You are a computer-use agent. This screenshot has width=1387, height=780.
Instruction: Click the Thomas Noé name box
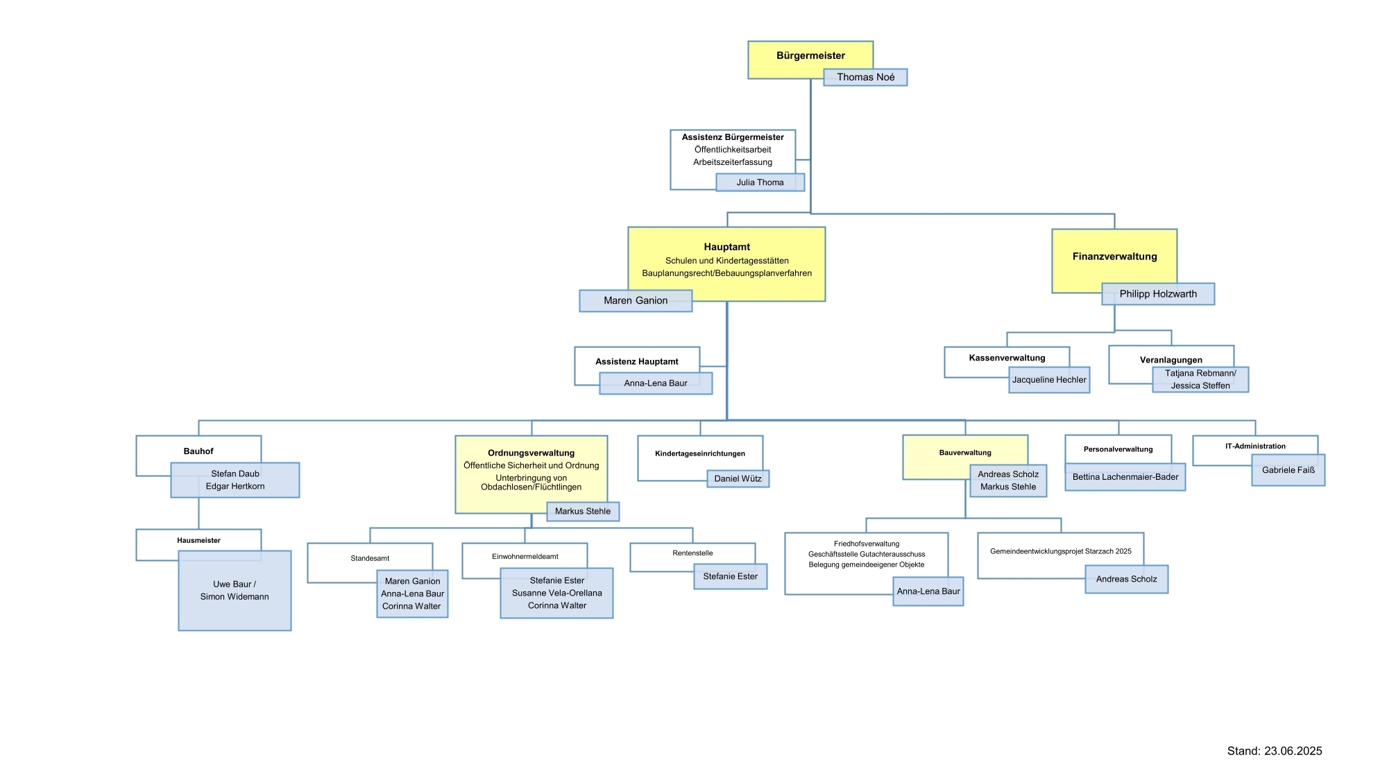click(865, 77)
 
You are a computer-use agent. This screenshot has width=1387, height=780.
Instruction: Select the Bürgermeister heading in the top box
click(810, 55)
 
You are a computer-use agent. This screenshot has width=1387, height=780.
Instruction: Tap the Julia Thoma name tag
click(760, 182)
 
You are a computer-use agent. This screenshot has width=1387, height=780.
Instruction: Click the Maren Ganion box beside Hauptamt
click(636, 300)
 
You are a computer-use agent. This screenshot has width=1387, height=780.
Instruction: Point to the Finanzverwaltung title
click(1114, 257)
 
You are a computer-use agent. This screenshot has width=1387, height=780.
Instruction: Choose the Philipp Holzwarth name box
click(1157, 294)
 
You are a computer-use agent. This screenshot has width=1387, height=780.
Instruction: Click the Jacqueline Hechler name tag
click(1048, 380)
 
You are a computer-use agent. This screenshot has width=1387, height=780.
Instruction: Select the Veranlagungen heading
click(1171, 360)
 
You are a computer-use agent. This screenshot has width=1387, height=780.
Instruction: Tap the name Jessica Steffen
click(1200, 385)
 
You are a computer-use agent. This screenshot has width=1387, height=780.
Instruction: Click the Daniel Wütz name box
click(738, 478)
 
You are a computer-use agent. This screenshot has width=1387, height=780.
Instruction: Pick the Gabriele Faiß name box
click(1288, 470)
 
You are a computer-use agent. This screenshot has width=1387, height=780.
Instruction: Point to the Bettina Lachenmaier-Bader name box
click(1125, 477)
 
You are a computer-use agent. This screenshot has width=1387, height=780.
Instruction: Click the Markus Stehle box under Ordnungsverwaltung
click(583, 511)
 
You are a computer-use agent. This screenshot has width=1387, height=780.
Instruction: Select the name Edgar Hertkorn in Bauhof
click(235, 486)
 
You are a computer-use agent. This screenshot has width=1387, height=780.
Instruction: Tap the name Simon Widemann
click(235, 596)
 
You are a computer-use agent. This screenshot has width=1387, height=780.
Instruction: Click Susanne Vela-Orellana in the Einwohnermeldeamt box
click(556, 593)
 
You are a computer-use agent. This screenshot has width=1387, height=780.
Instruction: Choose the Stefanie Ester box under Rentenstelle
click(730, 576)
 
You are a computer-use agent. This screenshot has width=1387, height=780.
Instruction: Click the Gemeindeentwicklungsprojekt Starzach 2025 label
click(1060, 551)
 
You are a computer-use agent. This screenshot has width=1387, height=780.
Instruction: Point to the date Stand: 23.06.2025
click(1274, 751)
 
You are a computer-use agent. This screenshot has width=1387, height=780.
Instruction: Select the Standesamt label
click(370, 558)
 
